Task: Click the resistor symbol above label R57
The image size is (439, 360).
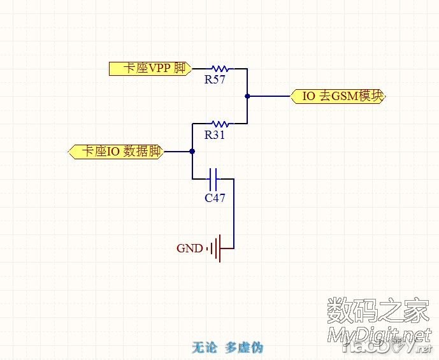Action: click(220, 68)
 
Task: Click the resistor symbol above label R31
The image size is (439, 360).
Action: click(220, 124)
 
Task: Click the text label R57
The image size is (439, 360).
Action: click(215, 80)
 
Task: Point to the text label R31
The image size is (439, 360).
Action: click(215, 135)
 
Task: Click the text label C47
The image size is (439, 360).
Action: click(215, 198)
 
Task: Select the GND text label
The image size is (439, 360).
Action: click(189, 248)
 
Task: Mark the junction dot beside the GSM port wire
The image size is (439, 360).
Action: click(247, 96)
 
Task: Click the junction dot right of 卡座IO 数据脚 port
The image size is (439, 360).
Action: click(192, 152)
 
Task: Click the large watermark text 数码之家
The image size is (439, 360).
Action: click(378, 310)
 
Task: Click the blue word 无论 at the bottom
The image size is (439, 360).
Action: click(205, 347)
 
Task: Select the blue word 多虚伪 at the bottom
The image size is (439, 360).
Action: click(244, 347)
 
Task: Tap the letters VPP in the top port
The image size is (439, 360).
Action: click(159, 68)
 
